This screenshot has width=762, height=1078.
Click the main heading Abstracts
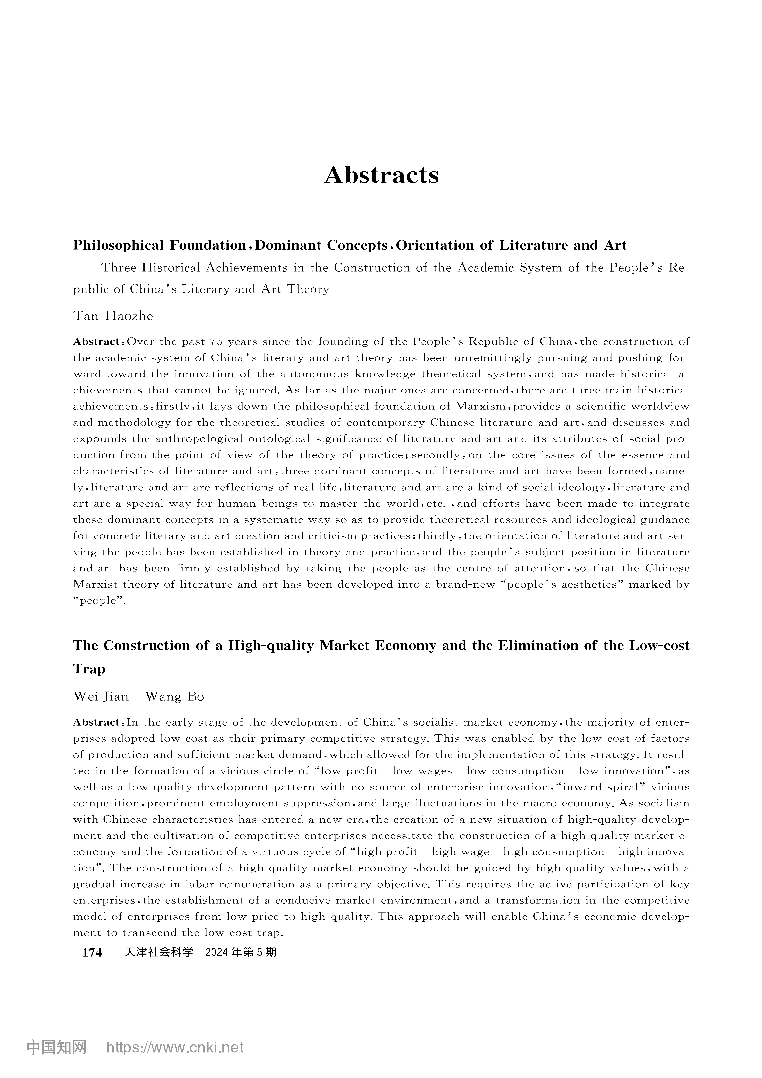coord(381,175)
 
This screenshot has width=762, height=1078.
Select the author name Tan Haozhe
coord(113,316)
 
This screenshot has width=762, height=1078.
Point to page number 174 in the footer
coord(92,953)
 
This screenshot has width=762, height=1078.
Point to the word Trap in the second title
coord(89,669)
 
